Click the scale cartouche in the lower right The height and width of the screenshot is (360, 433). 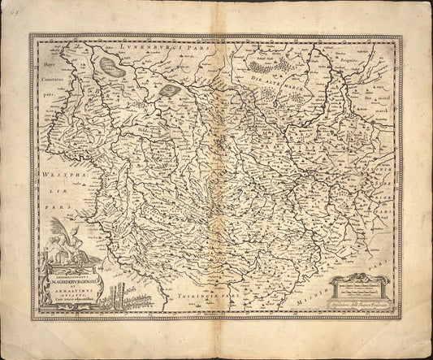coord(363,288)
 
